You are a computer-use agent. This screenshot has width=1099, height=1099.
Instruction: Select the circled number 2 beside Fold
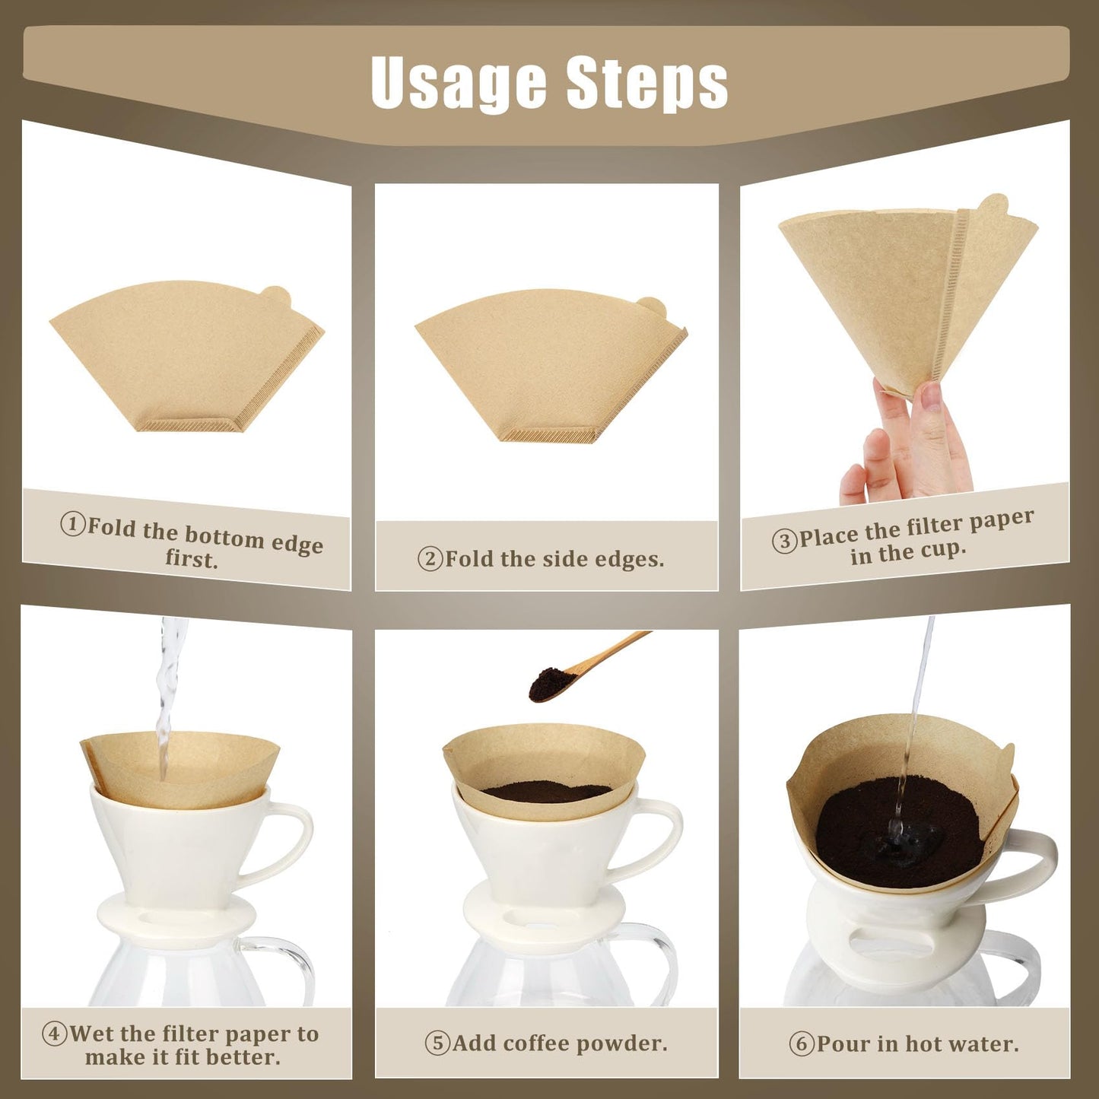point(430,559)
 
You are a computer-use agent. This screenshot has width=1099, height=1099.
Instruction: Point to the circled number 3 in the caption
point(784,541)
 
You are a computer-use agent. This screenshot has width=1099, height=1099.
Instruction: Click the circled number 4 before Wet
point(54,1034)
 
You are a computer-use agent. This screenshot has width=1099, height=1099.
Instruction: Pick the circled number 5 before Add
point(437,1043)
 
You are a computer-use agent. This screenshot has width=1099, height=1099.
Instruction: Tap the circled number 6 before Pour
point(801,1043)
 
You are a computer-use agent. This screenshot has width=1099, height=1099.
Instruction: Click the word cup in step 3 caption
point(941,549)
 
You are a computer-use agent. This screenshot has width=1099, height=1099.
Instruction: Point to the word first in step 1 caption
point(192,559)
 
